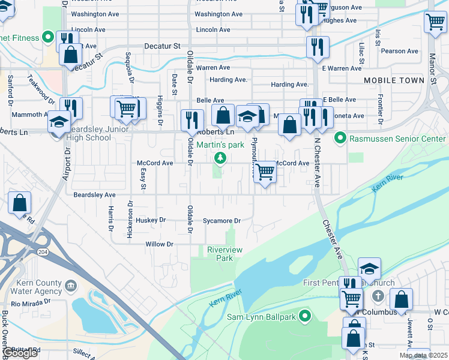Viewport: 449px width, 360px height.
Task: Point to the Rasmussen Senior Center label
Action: [394, 139]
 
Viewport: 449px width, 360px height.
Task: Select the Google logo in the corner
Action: [20, 353]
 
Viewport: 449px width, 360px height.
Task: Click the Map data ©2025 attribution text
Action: [423, 356]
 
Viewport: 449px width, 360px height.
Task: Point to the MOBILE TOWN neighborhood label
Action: [394, 80]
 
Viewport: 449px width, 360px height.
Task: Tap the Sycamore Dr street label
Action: [221, 221]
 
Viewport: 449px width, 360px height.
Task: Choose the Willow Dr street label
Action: [159, 244]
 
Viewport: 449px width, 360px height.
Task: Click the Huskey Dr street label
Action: [150, 221]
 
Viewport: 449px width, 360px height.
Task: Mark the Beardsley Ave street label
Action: [94, 195]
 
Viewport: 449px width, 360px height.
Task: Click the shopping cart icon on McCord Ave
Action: [265, 172]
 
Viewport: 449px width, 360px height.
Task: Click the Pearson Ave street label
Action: [399, 52]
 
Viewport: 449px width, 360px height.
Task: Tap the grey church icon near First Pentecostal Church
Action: [378, 295]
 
